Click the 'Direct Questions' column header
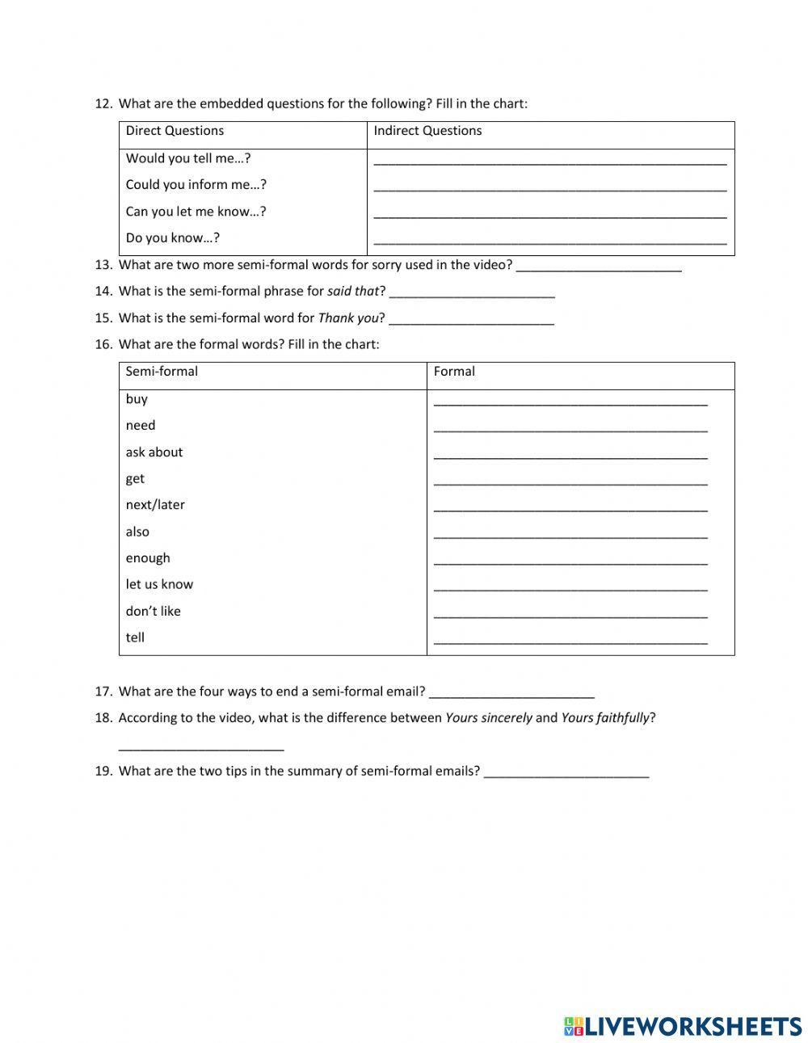click(x=175, y=131)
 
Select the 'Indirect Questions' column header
click(x=427, y=131)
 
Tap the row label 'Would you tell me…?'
click(x=188, y=158)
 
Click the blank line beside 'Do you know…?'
click(x=549, y=240)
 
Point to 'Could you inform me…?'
click(x=196, y=185)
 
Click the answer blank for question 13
click(x=599, y=267)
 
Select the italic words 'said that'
click(x=353, y=291)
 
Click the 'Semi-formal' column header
click(x=162, y=372)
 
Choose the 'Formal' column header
click(x=454, y=372)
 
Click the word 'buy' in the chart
click(x=137, y=399)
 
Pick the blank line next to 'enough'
click(x=570, y=561)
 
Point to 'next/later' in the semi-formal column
click(x=155, y=505)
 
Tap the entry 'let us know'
click(x=159, y=584)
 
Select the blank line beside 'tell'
click(x=570, y=641)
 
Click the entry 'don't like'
click(x=153, y=612)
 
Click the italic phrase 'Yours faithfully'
click(x=605, y=717)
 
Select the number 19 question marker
click(x=103, y=771)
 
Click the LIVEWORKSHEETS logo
click(x=683, y=1026)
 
